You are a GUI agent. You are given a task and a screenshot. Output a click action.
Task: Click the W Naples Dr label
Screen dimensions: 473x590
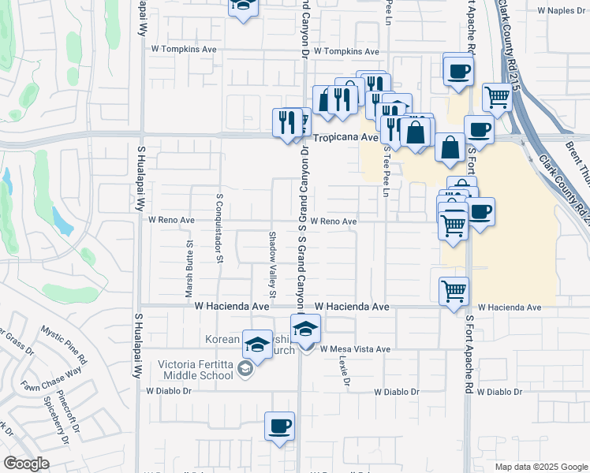pos(562,12)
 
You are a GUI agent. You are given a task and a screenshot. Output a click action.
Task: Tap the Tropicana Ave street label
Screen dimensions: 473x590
pos(347,137)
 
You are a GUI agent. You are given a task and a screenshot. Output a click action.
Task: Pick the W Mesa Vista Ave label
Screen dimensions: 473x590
pos(355,349)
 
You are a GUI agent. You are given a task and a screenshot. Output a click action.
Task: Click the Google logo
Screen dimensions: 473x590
pos(26,464)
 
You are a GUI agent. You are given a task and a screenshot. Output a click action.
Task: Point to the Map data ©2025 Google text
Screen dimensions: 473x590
pos(540,467)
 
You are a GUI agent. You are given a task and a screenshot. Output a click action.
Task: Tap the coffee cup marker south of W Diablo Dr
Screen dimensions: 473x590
pos(279,426)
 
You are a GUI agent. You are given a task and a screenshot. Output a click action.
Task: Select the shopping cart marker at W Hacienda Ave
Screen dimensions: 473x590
pos(454,291)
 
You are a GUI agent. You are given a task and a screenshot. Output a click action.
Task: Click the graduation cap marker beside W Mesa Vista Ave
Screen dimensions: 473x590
pos(305,329)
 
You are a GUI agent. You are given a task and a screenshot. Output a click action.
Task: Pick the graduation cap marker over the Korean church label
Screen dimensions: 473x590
pos(257,344)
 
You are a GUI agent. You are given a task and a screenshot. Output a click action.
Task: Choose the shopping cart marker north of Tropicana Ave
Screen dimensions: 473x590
pos(498,98)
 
